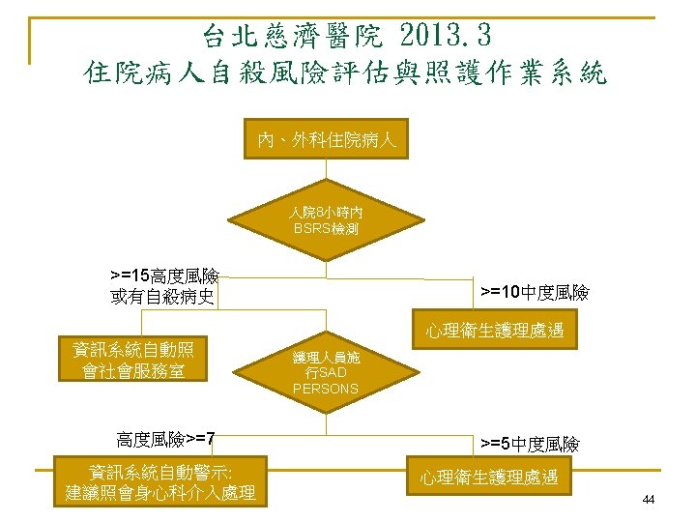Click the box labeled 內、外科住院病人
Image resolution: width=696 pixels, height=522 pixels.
[326, 140]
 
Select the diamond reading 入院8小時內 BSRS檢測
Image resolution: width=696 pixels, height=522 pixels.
[326, 219]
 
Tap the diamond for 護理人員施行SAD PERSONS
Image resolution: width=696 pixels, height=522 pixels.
[326, 372]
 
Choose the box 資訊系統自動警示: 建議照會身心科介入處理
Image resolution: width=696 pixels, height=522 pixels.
[159, 481]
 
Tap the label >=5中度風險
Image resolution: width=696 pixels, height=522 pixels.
[530, 444]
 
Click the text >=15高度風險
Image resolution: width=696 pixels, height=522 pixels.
[163, 277]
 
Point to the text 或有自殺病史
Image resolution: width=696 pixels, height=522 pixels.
[162, 296]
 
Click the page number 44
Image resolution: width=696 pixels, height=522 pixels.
[648, 500]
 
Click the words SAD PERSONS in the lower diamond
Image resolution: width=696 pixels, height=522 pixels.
[326, 381]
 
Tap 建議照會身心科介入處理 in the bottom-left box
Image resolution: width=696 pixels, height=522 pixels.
[159, 493]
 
